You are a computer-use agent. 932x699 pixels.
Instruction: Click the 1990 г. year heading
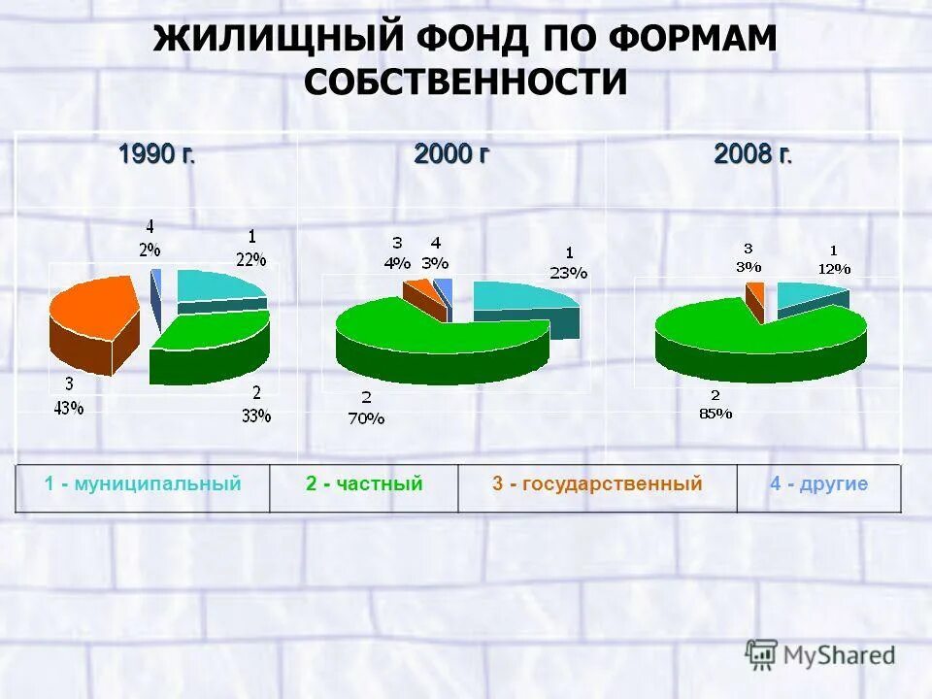coord(156,154)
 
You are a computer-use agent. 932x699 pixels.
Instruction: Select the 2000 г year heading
coord(450,154)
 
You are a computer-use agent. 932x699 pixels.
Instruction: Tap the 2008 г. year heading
coord(752,154)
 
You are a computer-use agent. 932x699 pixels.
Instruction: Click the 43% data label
coord(68,409)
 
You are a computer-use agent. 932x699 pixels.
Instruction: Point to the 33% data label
coord(255,416)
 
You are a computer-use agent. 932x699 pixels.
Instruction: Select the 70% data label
coord(366,419)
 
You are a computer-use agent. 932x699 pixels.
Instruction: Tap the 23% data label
coord(568,273)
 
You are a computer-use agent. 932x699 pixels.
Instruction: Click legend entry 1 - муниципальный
coord(143,483)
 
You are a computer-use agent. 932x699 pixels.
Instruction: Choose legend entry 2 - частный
coord(364,483)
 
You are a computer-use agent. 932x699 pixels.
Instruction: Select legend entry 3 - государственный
coord(596,483)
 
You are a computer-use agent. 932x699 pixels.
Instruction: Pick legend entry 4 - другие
coord(818,483)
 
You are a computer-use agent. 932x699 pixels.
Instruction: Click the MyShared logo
coord(820,655)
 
